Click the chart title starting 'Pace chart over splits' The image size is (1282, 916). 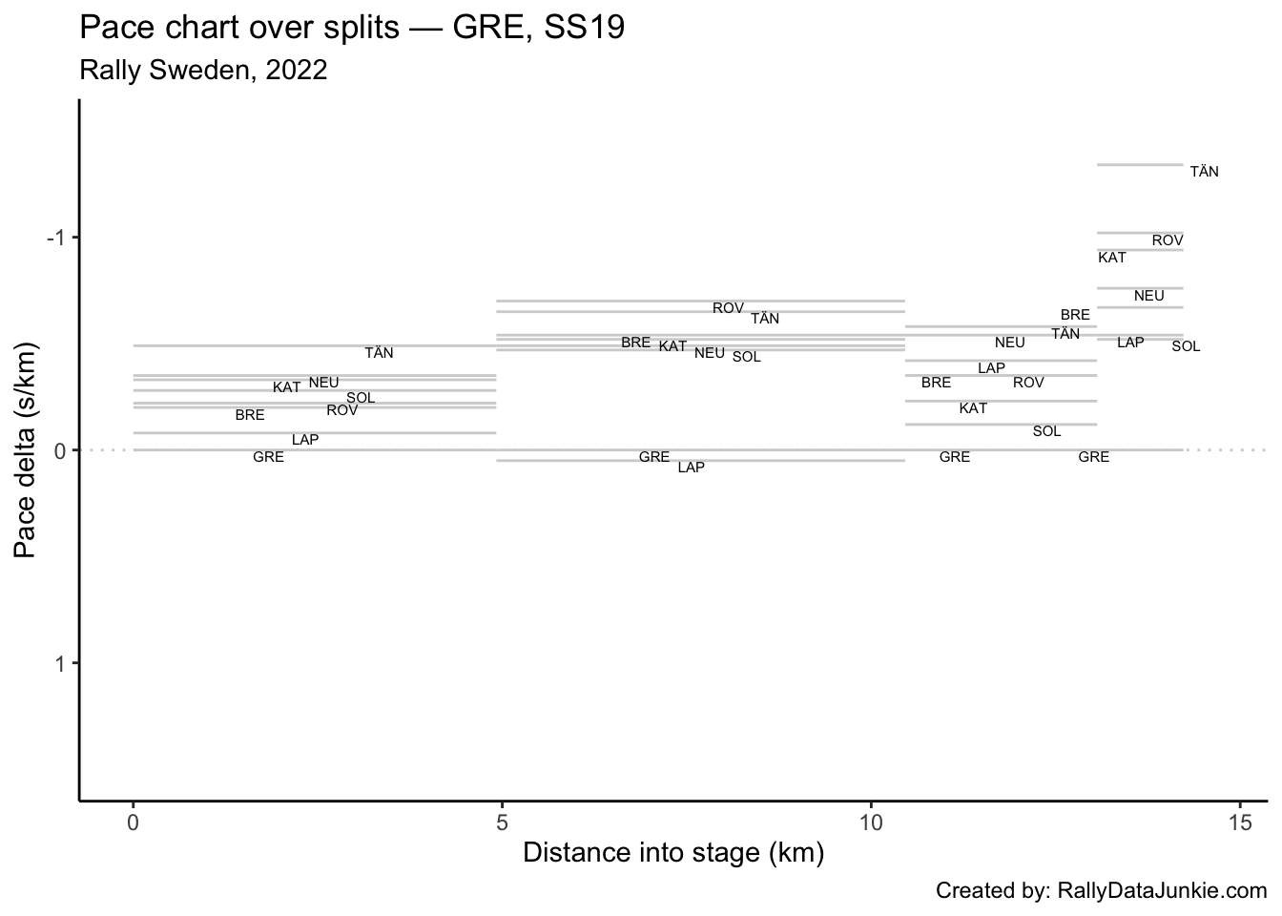(x=353, y=29)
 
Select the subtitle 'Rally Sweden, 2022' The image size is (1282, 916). (x=204, y=70)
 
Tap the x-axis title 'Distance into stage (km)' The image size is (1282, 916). (x=673, y=852)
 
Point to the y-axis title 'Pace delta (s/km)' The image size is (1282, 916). (x=26, y=449)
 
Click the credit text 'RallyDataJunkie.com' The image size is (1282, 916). (x=1162, y=891)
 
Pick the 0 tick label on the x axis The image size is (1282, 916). (x=134, y=822)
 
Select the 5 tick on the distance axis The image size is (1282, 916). (x=502, y=822)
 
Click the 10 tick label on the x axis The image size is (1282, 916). (x=871, y=822)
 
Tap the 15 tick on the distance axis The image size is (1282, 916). (x=1240, y=822)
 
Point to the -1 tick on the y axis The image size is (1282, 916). (x=58, y=238)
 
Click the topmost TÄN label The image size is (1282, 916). (x=1205, y=173)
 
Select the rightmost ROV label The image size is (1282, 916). (x=1168, y=240)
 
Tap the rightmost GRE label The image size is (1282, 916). (x=1093, y=458)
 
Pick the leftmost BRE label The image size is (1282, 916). (x=250, y=416)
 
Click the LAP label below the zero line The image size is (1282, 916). (x=692, y=468)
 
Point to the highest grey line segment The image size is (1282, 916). (x=1140, y=165)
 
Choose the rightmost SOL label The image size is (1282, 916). (x=1186, y=347)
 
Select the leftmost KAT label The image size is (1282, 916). (x=287, y=388)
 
